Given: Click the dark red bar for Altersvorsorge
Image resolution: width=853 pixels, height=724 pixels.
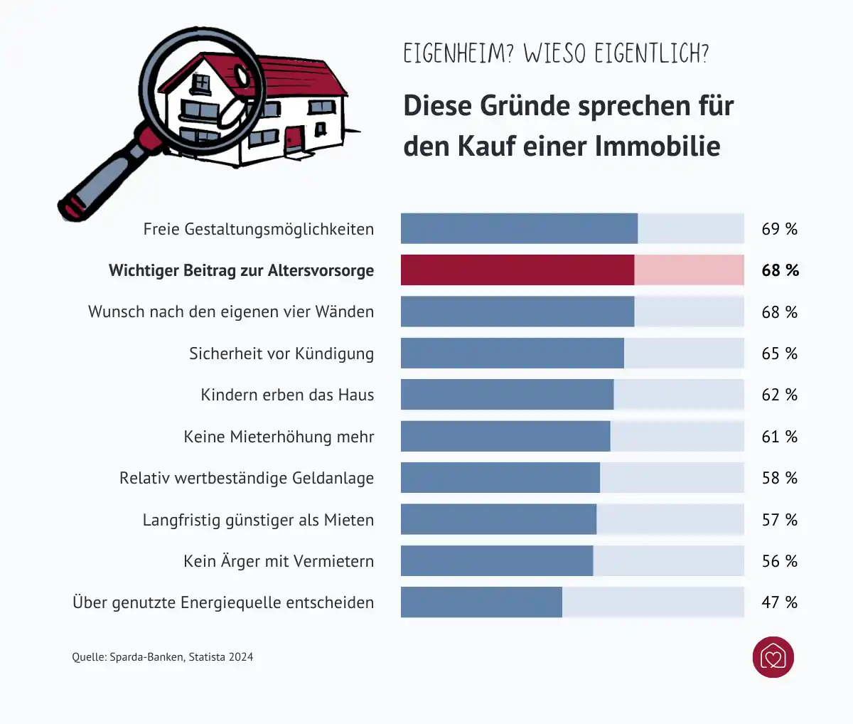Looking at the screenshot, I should pyautogui.click(x=517, y=270).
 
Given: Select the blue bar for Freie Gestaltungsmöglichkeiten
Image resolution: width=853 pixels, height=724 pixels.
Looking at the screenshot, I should pyautogui.click(x=519, y=229).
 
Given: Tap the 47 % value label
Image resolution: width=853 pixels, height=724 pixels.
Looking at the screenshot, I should pyautogui.click(x=779, y=602).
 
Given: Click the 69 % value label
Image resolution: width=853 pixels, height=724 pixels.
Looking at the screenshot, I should pyautogui.click(x=779, y=229).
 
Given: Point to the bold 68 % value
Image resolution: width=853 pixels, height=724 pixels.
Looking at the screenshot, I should pyautogui.click(x=780, y=270).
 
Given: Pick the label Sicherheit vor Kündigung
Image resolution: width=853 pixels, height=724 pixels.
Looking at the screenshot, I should pyautogui.click(x=281, y=353).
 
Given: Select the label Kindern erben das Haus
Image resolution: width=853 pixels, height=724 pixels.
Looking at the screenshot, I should pyautogui.click(x=287, y=395).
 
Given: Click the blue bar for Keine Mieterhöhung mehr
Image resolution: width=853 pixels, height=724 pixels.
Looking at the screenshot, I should pyautogui.click(x=505, y=437).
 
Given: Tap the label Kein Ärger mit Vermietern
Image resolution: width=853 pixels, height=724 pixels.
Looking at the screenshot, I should pyautogui.click(x=279, y=561).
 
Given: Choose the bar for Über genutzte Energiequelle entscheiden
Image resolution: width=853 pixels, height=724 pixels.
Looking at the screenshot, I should pyautogui.click(x=481, y=602).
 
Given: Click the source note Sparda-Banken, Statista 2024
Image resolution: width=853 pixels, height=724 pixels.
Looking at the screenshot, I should pyautogui.click(x=163, y=657).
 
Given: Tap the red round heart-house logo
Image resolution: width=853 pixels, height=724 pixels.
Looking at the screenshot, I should pyautogui.click(x=773, y=657).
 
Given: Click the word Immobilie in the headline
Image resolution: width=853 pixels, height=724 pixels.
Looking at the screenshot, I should pyautogui.click(x=658, y=147).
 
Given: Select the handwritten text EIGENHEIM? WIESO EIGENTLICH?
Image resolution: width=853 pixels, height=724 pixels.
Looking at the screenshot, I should pyautogui.click(x=556, y=54).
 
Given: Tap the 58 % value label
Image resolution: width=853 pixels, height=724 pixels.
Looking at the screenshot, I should pyautogui.click(x=779, y=478).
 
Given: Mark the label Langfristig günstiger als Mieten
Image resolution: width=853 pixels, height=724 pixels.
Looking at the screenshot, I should pyautogui.click(x=258, y=520).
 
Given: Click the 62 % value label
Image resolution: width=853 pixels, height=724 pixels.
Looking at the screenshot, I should pyautogui.click(x=779, y=395).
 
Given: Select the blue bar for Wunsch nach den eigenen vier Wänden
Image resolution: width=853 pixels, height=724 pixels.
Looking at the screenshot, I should pyautogui.click(x=517, y=312).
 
